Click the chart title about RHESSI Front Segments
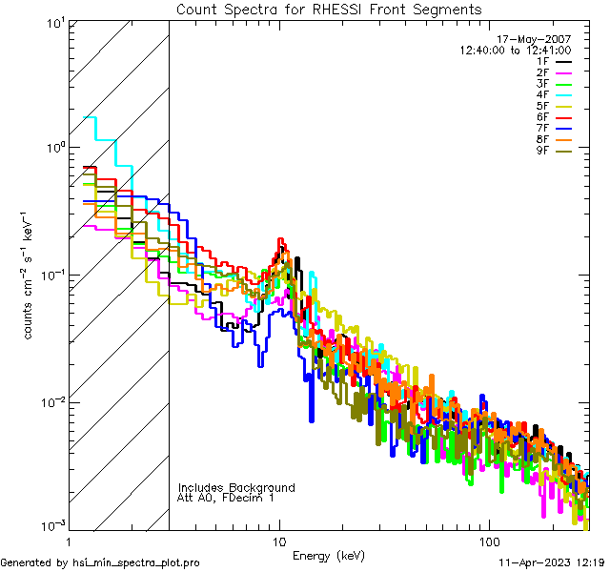(x=329, y=10)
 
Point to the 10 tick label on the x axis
(x=279, y=541)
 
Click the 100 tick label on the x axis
(x=488, y=541)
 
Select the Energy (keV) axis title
(x=329, y=555)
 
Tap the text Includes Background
(x=236, y=487)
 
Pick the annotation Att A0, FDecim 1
(x=226, y=498)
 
